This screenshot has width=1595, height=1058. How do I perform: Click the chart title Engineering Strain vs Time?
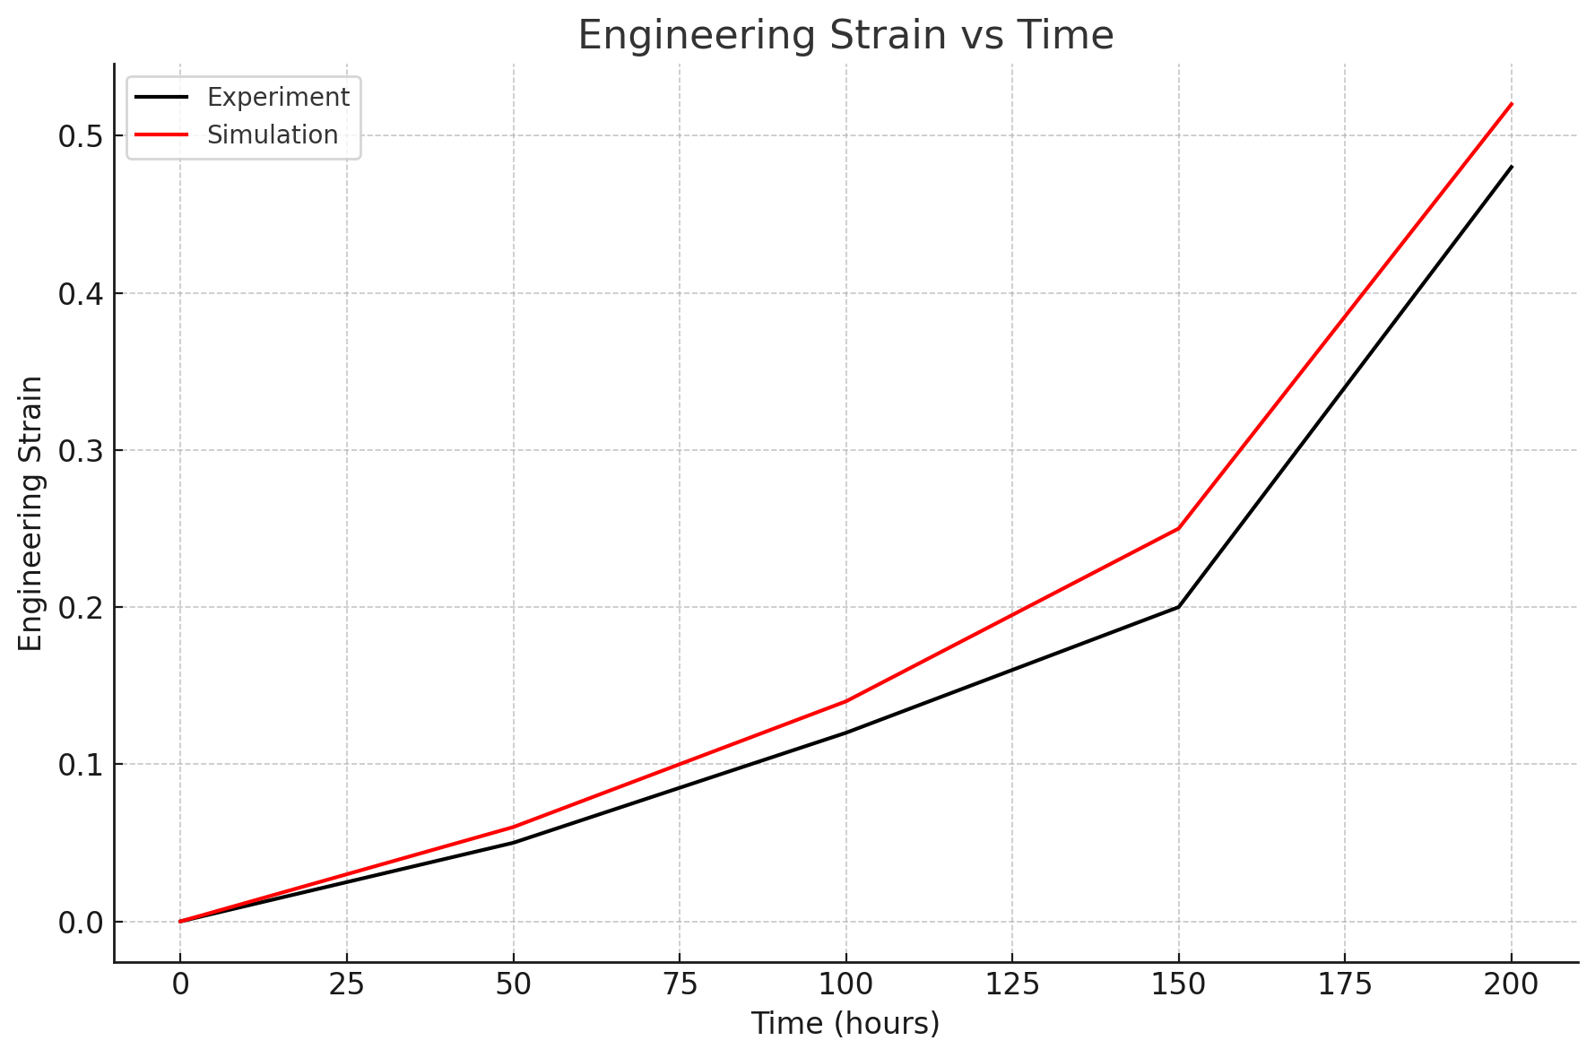click(x=845, y=36)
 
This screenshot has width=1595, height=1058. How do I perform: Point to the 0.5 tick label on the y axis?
click(x=80, y=137)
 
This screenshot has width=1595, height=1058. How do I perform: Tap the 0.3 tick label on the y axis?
click(x=80, y=451)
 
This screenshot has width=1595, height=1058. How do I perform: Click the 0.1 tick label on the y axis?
click(x=80, y=765)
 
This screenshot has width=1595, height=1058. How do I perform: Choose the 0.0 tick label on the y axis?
click(x=80, y=923)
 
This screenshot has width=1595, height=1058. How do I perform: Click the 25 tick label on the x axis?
click(x=346, y=984)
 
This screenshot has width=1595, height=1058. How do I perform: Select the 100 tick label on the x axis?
click(x=845, y=984)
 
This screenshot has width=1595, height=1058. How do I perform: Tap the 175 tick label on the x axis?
click(x=1345, y=984)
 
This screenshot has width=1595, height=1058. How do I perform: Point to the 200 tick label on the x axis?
click(x=1512, y=984)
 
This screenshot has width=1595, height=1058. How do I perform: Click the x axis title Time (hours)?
click(x=845, y=1023)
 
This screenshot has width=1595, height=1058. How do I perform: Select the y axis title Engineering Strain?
click(x=31, y=514)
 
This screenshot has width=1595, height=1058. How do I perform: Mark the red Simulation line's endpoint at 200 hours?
click(x=1512, y=104)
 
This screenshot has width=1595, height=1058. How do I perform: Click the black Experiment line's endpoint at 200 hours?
click(x=1512, y=167)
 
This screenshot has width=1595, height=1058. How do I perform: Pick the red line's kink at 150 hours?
click(x=1179, y=528)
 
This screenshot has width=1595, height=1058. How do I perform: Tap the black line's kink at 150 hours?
click(x=1179, y=607)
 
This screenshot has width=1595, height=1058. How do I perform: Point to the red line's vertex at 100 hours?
click(x=845, y=701)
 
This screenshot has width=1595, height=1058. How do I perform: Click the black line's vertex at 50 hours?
click(x=513, y=843)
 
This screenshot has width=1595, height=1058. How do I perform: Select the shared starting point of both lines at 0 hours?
click(x=180, y=921)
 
